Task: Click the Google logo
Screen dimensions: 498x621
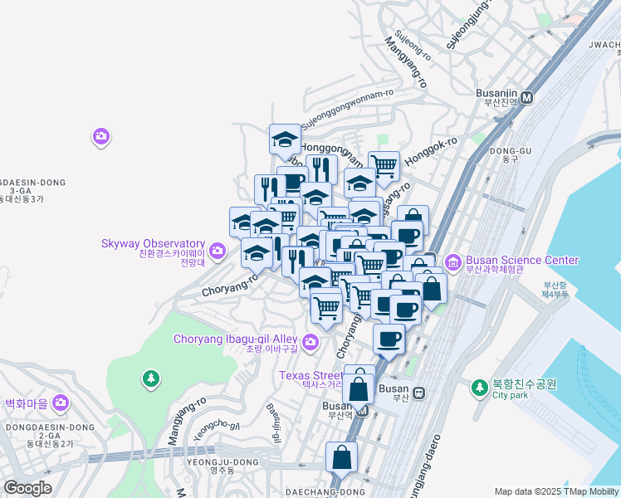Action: (x=27, y=488)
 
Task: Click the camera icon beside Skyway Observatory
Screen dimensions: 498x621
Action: (x=217, y=249)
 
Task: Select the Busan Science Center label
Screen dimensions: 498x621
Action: (x=521, y=260)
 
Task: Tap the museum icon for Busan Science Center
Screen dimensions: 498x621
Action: (x=453, y=263)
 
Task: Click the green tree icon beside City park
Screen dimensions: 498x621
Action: (x=479, y=388)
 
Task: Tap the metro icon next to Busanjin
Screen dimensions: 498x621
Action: (x=528, y=96)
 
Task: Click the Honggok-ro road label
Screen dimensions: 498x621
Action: (x=431, y=149)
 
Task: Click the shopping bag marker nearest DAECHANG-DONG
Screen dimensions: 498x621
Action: (x=341, y=456)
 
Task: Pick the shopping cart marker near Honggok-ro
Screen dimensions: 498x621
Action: (x=384, y=165)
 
